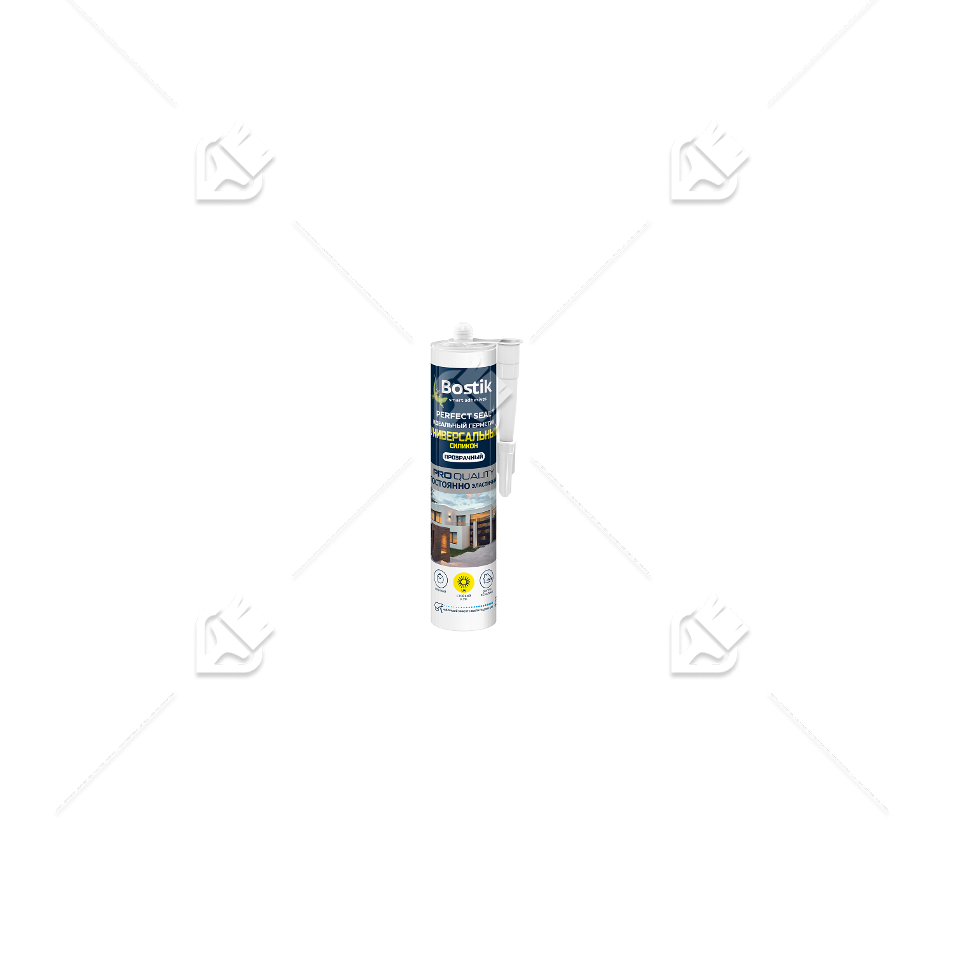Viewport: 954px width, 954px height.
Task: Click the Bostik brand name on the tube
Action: pyautogui.click(x=466, y=387)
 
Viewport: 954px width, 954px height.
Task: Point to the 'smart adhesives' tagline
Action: pyautogui.click(x=467, y=400)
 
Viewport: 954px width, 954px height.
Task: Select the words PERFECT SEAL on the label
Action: pyautogui.click(x=463, y=415)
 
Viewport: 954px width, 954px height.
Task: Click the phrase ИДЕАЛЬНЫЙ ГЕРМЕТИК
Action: pyautogui.click(x=463, y=425)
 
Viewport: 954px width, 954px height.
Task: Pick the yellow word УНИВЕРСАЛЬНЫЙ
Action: pyautogui.click(x=464, y=435)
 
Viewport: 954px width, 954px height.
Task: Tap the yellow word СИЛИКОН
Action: pyautogui.click(x=464, y=446)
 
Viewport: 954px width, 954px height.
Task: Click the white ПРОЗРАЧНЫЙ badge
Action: pyautogui.click(x=464, y=457)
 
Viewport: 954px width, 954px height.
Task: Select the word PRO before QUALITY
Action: pyautogui.click(x=442, y=474)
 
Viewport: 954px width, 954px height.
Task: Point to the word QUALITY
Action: pyautogui.click(x=474, y=474)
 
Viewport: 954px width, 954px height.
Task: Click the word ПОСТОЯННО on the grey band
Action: pyautogui.click(x=450, y=485)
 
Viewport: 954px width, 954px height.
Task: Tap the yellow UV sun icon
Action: pyautogui.click(x=464, y=581)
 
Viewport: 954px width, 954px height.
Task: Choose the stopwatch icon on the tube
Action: pyautogui.click(x=440, y=579)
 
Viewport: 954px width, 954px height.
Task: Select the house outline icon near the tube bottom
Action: pyautogui.click(x=487, y=579)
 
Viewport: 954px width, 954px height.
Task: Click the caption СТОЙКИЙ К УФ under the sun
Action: pyautogui.click(x=464, y=597)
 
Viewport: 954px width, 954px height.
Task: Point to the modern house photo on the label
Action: pyautogui.click(x=463, y=531)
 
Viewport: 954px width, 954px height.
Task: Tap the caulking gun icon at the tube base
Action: pyautogui.click(x=438, y=609)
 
